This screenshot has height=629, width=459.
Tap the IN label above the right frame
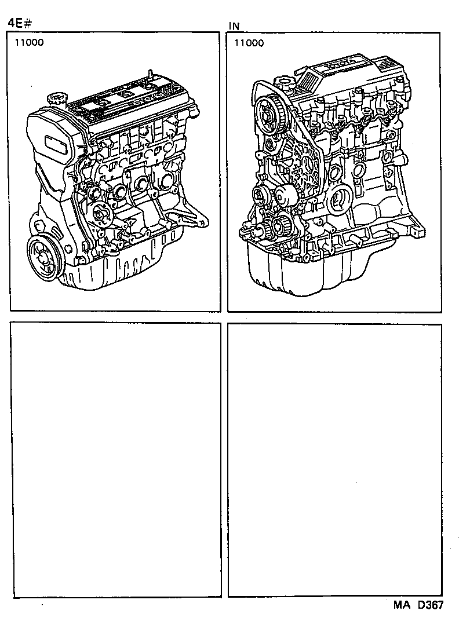(x=234, y=26)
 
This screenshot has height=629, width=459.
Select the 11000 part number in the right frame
(x=249, y=43)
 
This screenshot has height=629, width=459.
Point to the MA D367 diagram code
(x=418, y=605)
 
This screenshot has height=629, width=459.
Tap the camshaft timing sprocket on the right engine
(x=270, y=112)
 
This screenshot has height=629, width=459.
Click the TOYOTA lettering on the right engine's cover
(x=341, y=67)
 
